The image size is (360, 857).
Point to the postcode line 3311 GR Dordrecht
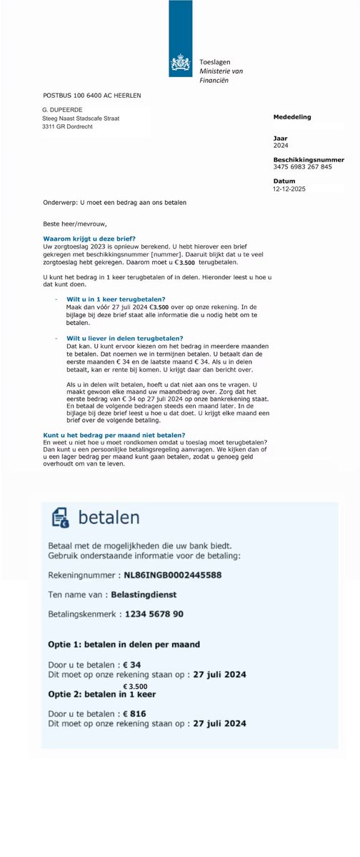click(x=71, y=127)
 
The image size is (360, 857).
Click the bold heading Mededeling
click(x=292, y=116)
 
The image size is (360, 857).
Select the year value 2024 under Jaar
click(x=281, y=145)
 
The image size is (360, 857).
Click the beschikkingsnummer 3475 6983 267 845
click(x=303, y=167)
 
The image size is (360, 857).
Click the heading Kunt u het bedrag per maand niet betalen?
click(x=114, y=435)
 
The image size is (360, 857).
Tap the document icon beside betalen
click(x=61, y=517)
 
